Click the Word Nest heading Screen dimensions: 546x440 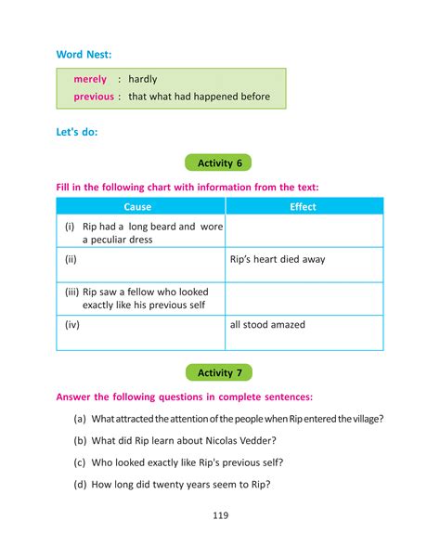(x=84, y=55)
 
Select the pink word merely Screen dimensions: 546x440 (x=90, y=80)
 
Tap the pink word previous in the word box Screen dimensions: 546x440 (x=94, y=97)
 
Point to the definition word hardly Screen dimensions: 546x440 (x=143, y=80)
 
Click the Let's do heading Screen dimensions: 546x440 (x=76, y=132)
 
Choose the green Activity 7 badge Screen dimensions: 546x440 (x=220, y=372)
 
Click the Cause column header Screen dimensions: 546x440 (x=137, y=207)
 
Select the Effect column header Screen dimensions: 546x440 (x=303, y=207)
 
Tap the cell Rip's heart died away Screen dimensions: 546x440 (x=278, y=260)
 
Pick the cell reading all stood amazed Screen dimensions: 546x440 (x=267, y=325)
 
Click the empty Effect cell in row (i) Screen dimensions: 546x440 (x=304, y=232)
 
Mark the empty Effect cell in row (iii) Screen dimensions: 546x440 (x=304, y=297)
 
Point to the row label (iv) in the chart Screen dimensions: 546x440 (x=73, y=325)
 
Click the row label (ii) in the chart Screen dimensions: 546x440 (x=71, y=260)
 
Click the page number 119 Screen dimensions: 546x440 (x=220, y=516)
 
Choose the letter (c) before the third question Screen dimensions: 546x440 (x=81, y=461)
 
